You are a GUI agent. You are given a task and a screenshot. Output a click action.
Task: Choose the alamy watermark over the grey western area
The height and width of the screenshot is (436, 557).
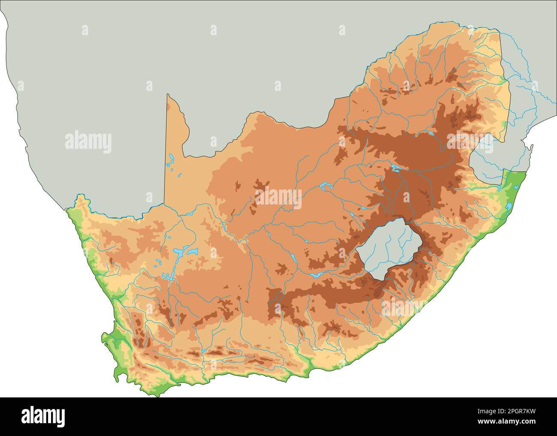tap(88, 141)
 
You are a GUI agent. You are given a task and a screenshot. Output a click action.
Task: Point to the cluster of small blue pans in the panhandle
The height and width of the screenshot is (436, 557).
tap(171, 161)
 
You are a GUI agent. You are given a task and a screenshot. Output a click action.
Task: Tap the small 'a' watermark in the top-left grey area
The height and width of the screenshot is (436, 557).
tap(85, 30)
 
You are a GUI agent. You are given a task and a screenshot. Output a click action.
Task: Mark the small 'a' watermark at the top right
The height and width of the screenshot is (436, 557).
tap(342, 30)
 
